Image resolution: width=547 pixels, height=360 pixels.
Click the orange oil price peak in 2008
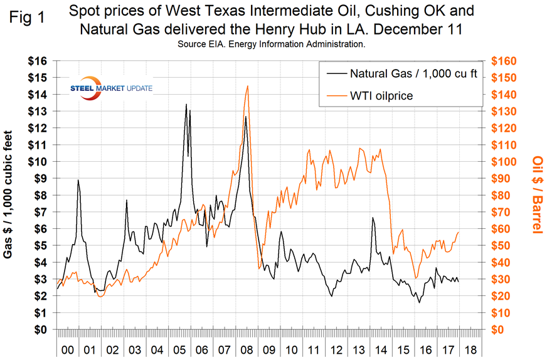(x=248, y=86)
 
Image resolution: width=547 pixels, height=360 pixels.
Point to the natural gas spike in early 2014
(x=373, y=218)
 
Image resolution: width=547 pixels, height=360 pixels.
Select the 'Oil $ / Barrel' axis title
(x=536, y=195)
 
